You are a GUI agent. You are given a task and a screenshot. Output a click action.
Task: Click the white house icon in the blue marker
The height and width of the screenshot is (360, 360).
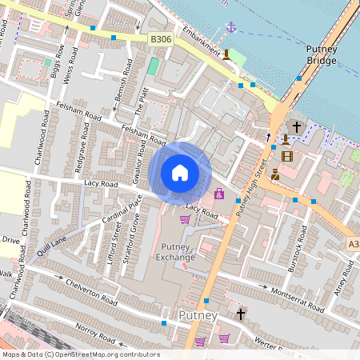[x=180, y=172]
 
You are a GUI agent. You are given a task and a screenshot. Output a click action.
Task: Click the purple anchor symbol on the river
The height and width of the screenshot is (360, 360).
[x=230, y=27]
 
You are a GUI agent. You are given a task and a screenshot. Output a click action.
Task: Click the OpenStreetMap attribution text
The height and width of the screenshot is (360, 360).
[x=80, y=354]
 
